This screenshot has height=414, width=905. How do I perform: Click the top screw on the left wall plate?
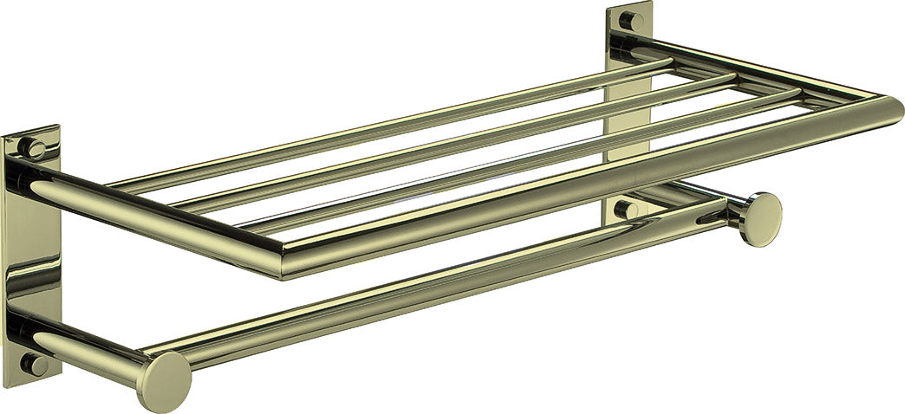click(x=34, y=147)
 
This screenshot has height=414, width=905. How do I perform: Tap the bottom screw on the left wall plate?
click(x=34, y=365)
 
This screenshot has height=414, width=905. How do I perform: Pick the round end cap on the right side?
click(x=759, y=219)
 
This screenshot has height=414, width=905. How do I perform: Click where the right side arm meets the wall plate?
click(x=646, y=48)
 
